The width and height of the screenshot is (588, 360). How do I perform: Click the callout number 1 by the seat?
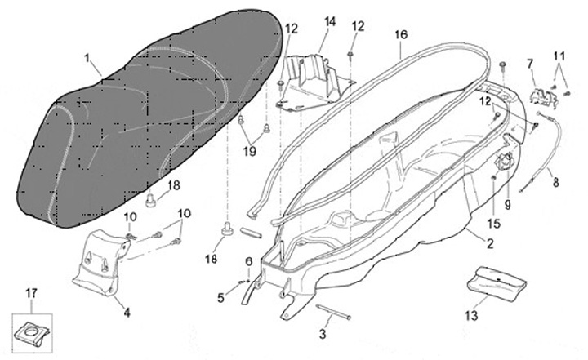point(87,59)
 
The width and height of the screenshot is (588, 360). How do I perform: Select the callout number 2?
point(489,243)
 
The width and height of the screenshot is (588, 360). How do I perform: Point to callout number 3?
point(323,334)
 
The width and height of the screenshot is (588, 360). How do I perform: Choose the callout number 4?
point(126,311)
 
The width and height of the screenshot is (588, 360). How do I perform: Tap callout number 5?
point(220,298)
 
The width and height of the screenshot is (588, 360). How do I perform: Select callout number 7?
point(529,63)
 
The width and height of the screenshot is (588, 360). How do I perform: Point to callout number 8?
point(556,183)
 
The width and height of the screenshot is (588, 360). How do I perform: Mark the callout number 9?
point(506,205)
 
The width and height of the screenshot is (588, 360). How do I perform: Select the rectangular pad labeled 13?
point(495,284)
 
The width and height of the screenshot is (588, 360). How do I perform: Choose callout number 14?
point(329,20)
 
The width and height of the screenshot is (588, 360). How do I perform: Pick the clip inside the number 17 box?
point(31,331)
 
